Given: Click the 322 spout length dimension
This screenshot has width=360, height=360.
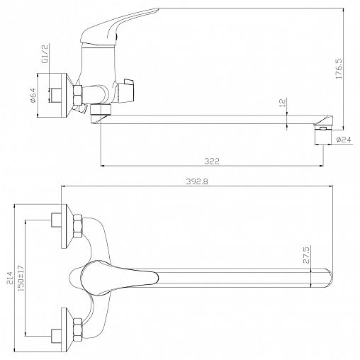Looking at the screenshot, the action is [x=212, y=161].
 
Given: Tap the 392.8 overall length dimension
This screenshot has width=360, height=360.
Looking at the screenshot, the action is [x=197, y=181].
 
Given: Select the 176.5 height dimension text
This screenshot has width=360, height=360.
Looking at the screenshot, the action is [x=339, y=69].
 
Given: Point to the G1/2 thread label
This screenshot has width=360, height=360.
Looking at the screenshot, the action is [x=45, y=54].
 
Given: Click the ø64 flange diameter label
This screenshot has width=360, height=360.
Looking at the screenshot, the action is [x=33, y=95].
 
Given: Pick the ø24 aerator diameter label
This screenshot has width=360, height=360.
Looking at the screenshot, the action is [x=344, y=140].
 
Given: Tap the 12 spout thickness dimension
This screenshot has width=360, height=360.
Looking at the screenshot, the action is [x=283, y=103].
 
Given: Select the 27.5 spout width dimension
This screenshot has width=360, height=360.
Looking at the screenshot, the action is [x=306, y=254].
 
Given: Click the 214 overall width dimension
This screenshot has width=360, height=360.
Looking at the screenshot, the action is [x=9, y=278].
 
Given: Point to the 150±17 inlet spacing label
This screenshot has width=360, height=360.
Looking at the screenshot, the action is [x=21, y=278].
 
